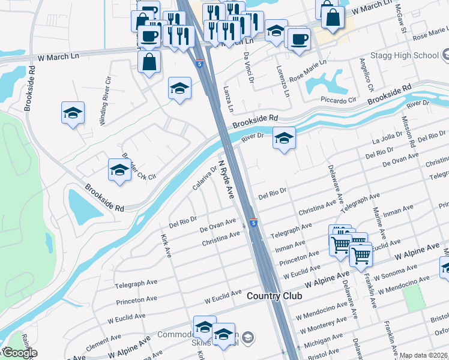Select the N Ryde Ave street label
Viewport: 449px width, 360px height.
(226, 179)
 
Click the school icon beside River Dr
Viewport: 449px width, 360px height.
(284, 139)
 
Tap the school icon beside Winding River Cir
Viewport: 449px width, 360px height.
(73, 113)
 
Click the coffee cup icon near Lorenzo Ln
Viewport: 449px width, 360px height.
(298, 40)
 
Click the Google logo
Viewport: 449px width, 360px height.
(19, 353)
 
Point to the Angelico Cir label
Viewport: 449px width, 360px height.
(366, 75)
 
